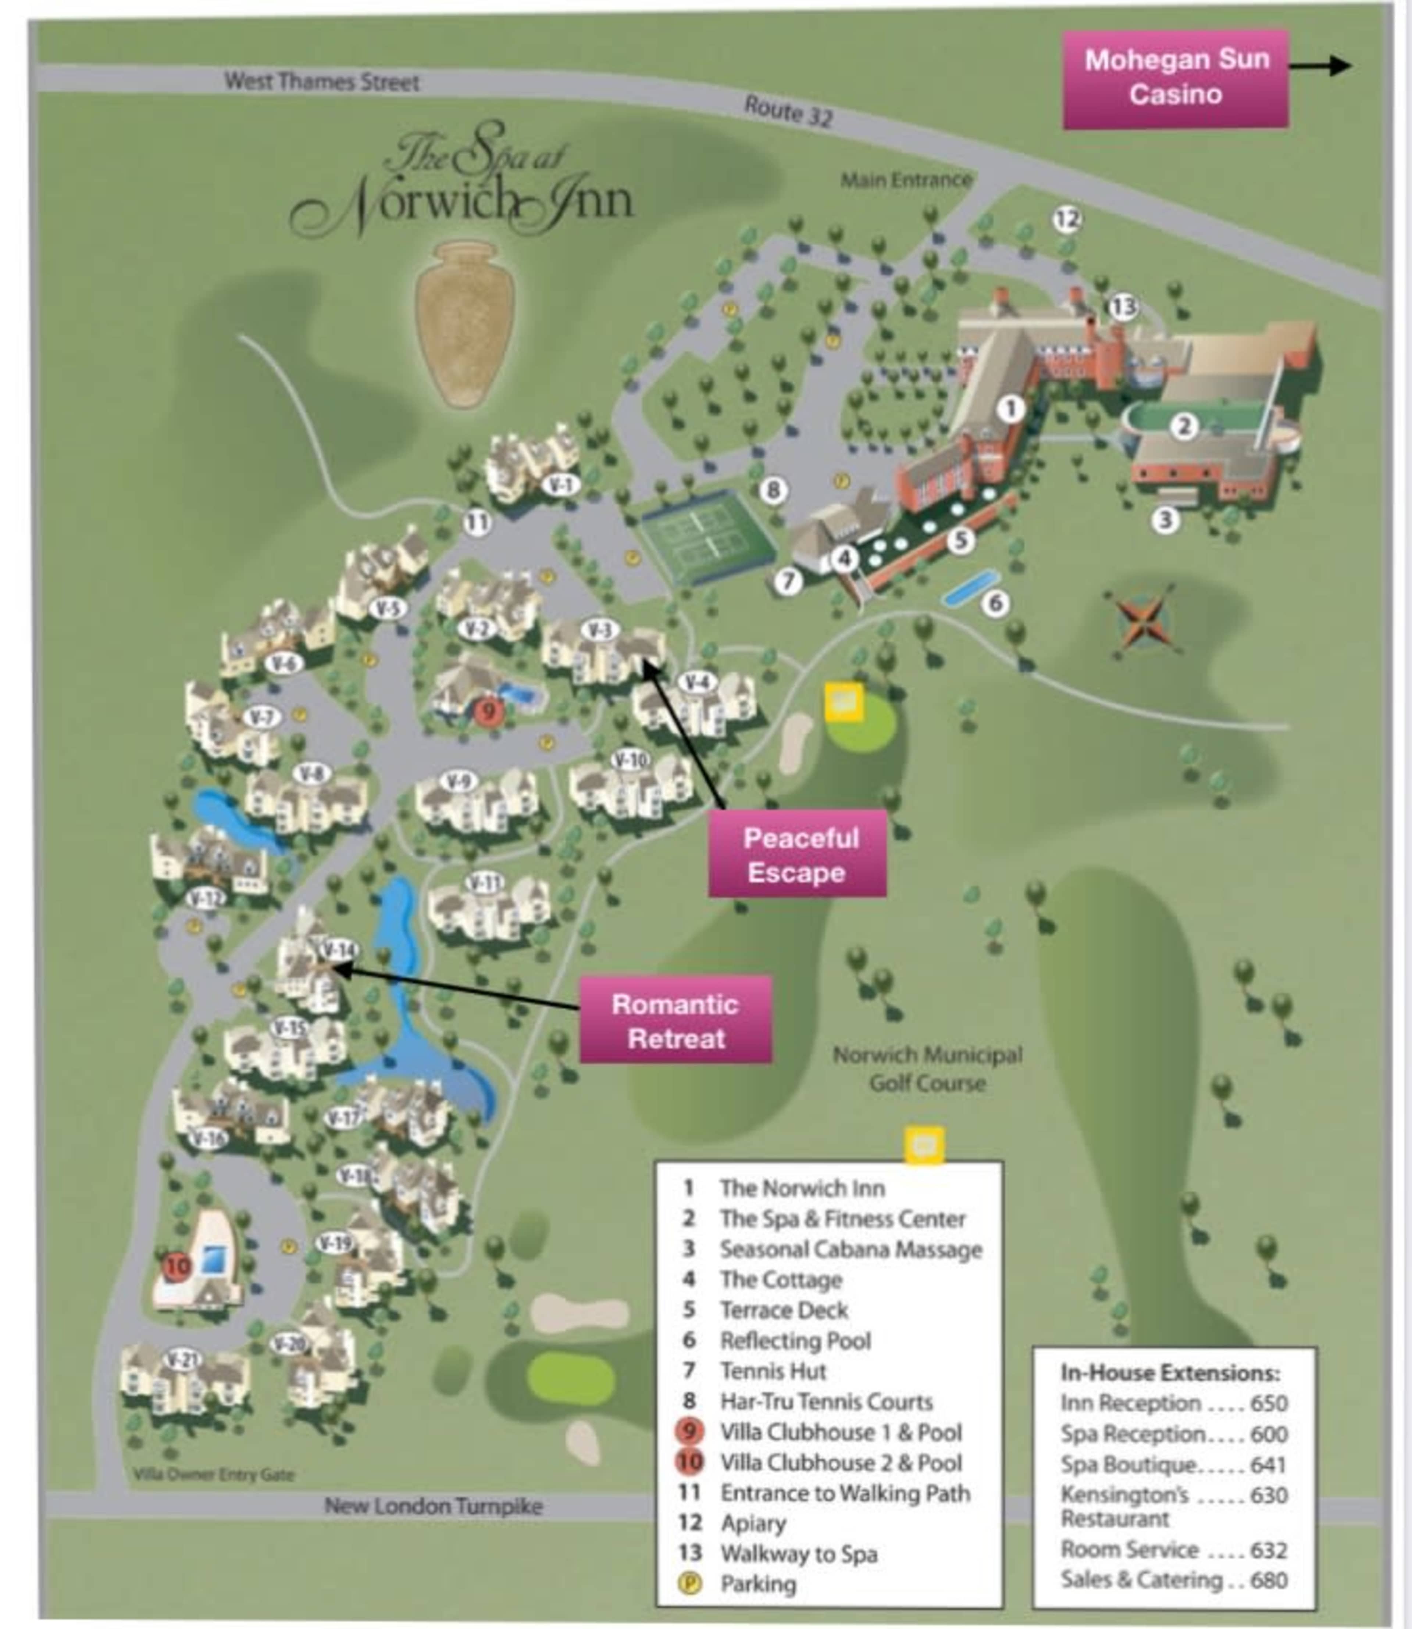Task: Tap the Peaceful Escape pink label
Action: (798, 855)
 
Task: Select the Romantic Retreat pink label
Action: (675, 1021)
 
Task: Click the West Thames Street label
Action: (321, 81)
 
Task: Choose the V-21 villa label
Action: (183, 1359)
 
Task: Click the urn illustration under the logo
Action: (465, 323)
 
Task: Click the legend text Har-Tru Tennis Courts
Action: (826, 1401)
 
